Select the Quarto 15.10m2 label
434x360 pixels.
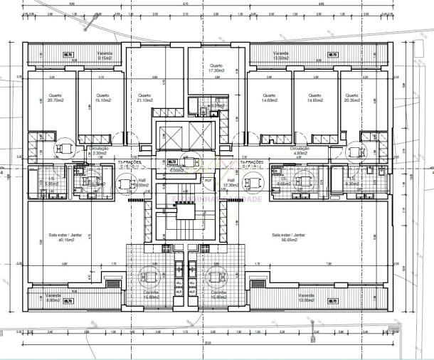point(103,98)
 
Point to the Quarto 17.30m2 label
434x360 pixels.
point(216,68)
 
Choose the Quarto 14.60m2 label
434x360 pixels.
point(268,98)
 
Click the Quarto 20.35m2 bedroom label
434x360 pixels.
point(351,98)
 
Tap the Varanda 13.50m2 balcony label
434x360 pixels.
point(281,55)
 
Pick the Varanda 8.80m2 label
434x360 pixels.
point(52,297)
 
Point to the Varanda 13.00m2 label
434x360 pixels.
point(306,297)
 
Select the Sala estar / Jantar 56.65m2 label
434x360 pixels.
point(288,236)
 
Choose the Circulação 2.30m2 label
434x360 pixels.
point(98,151)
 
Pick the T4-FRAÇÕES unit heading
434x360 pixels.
point(252,163)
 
